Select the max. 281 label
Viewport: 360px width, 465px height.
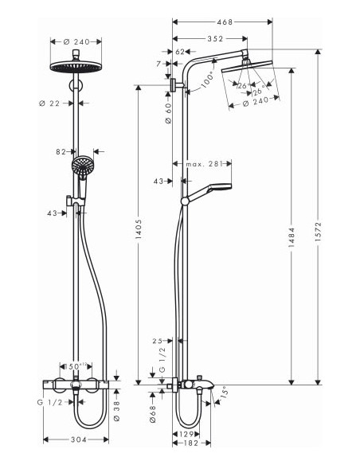pyautogui.click(x=204, y=165)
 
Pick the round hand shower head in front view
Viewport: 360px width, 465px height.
pyautogui.click(x=82, y=166)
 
